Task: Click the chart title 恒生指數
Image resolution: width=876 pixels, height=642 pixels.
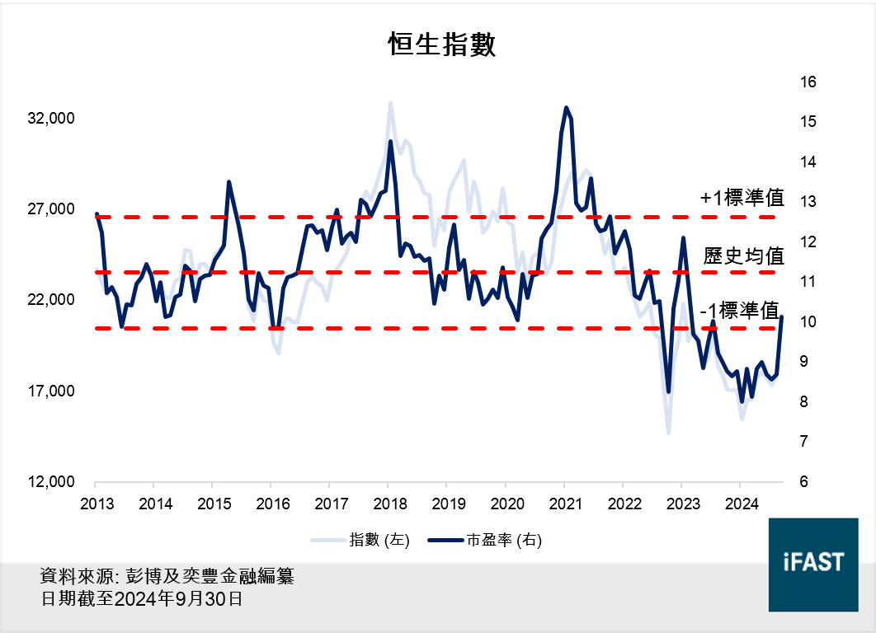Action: click(442, 45)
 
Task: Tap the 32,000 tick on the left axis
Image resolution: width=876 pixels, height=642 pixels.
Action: click(51, 119)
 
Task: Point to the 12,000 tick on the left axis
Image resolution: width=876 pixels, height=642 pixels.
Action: click(51, 482)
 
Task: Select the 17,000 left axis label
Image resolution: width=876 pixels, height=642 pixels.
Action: click(51, 391)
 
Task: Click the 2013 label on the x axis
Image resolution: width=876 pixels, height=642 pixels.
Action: click(96, 503)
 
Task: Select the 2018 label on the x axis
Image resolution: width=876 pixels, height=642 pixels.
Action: click(389, 503)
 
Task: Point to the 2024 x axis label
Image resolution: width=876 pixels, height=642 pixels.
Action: click(740, 503)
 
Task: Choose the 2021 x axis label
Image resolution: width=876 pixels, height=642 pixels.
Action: click(564, 503)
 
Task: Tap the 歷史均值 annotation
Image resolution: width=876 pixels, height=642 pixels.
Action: click(743, 255)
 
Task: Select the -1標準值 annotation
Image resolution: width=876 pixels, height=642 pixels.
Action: click(740, 311)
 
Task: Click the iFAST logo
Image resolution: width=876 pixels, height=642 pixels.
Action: click(812, 563)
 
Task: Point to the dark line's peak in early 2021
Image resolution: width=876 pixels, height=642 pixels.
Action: click(566, 107)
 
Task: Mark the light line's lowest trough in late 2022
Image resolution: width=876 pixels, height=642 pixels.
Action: click(668, 432)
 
